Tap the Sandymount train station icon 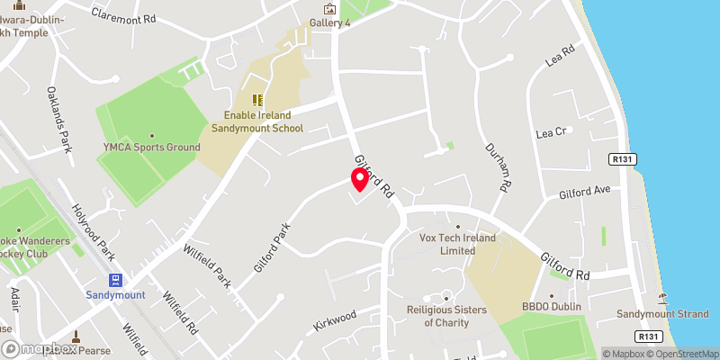pos(115,279)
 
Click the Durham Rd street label pos(498,166)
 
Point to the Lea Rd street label pos(560,58)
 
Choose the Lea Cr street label pos(550,132)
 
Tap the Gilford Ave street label pos(584,193)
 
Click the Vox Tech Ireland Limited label pos(459,244)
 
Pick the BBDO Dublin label pos(553,307)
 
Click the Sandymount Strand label pos(662,314)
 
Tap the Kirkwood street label pos(335,317)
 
